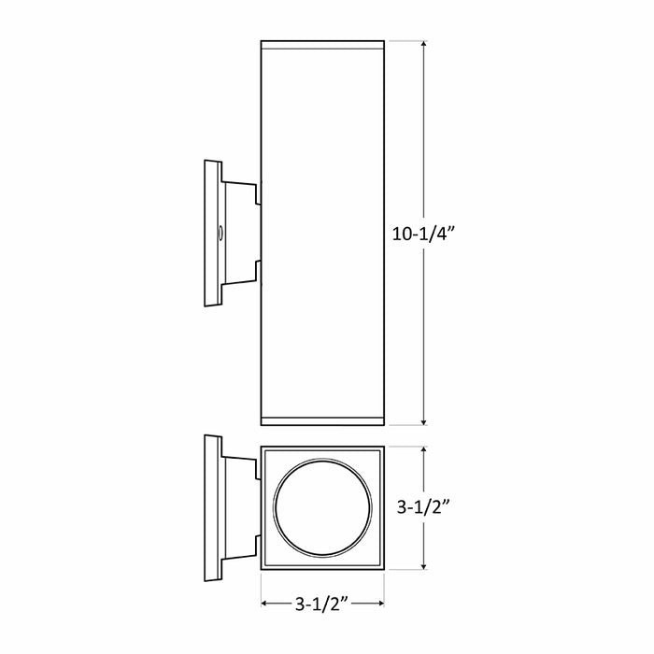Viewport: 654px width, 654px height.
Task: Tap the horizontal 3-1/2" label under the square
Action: click(x=322, y=605)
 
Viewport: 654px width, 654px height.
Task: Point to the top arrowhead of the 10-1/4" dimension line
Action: click(x=426, y=46)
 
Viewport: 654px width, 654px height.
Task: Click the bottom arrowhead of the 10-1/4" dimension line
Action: click(x=426, y=421)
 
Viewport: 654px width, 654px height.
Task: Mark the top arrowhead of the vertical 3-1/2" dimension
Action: click(x=426, y=450)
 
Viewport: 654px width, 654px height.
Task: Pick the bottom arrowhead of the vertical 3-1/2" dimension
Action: click(x=426, y=565)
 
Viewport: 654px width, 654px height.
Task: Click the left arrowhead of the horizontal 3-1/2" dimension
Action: click(x=265, y=604)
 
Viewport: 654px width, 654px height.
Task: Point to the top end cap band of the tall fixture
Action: click(x=322, y=44)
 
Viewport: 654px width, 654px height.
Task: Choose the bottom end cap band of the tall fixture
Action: click(x=322, y=419)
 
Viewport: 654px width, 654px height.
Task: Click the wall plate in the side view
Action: click(x=212, y=234)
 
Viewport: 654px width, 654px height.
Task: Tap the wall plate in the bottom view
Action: click(x=212, y=508)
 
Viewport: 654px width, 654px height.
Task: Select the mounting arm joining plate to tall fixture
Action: click(x=241, y=234)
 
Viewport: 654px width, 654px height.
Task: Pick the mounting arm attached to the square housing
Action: click(x=241, y=508)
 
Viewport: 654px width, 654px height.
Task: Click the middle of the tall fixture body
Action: click(x=322, y=234)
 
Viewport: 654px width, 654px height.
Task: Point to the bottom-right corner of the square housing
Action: click(x=384, y=569)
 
